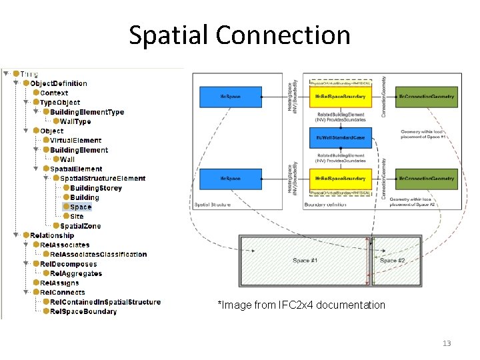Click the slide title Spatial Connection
(x=239, y=35)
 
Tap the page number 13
(x=446, y=343)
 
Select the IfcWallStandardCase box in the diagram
(x=340, y=138)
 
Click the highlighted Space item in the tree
(x=81, y=207)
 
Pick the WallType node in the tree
(x=75, y=121)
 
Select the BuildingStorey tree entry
(x=96, y=188)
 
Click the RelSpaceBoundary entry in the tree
(x=83, y=311)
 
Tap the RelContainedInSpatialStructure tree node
(x=105, y=302)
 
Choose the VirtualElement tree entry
(x=75, y=141)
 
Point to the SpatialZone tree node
(x=76, y=226)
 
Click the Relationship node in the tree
(x=52, y=235)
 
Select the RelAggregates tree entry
(x=75, y=273)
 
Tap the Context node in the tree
(x=54, y=93)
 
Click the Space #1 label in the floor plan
(x=305, y=260)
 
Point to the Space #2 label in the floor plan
(x=392, y=260)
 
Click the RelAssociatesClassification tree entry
(x=98, y=254)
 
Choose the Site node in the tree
(x=77, y=216)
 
